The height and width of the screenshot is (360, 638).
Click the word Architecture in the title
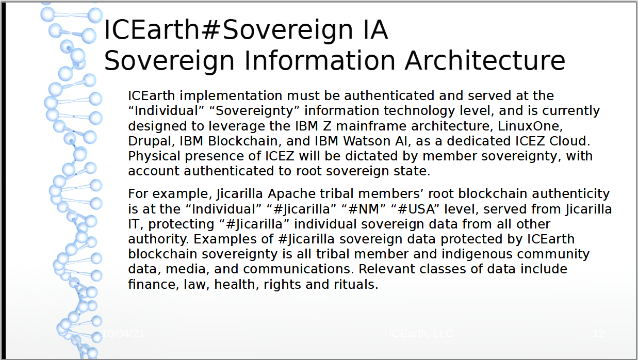485,60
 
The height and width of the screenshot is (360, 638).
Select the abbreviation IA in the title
371,30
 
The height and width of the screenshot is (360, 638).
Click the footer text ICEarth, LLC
421,334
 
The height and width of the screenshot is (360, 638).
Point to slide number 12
598,334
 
